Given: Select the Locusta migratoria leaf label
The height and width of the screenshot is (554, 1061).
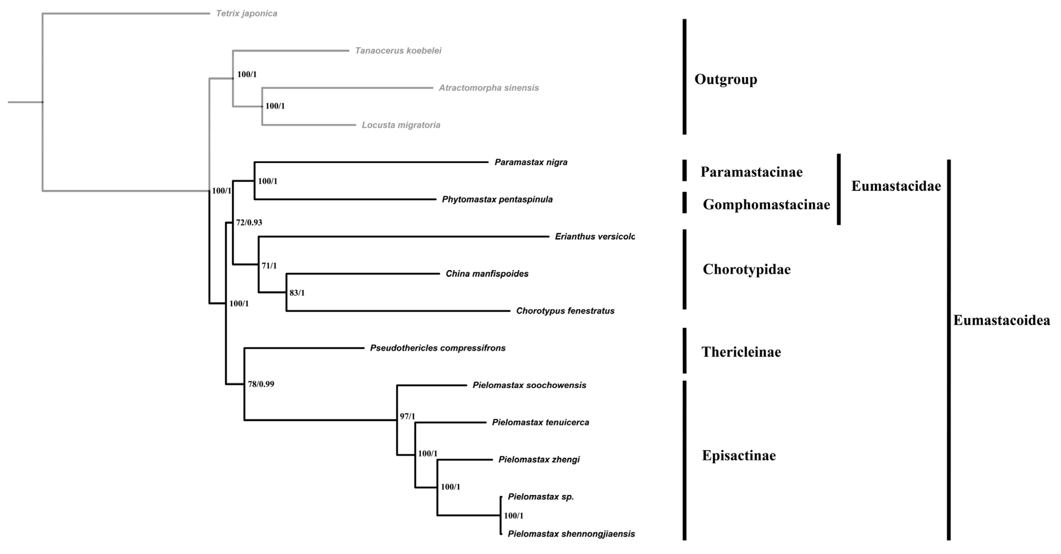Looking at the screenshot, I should tap(401, 125).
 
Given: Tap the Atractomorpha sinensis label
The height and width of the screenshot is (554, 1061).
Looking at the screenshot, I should tap(489, 88).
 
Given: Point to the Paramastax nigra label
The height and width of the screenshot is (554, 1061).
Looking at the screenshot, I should tap(531, 162).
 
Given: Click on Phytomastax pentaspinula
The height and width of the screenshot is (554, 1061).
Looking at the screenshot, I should tap(497, 200).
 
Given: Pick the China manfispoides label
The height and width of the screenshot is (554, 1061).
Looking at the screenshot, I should tap(487, 274).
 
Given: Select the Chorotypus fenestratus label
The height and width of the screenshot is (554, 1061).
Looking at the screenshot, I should tap(565, 311).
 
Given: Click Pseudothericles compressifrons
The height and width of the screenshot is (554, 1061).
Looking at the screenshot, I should tap(438, 348).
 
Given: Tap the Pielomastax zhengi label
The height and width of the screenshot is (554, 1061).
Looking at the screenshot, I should tap(539, 460).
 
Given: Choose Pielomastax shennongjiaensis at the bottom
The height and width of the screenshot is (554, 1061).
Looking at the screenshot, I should tap(571, 534).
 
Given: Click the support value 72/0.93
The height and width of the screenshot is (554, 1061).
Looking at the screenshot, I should tap(249, 223).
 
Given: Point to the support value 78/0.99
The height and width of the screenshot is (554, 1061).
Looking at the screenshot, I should tap(261, 384).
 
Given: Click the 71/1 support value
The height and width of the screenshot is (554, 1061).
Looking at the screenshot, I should tap(269, 266).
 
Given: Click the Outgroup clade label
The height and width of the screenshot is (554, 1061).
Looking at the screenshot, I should tap(725, 80).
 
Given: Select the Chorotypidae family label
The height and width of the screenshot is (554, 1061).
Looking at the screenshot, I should tap(746, 269).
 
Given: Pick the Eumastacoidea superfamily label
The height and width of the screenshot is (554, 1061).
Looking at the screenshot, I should tap(1001, 321).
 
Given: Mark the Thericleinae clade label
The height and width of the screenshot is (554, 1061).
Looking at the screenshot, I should tap(741, 352).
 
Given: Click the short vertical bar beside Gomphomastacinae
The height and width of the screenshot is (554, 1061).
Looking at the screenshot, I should tap(685, 203).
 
